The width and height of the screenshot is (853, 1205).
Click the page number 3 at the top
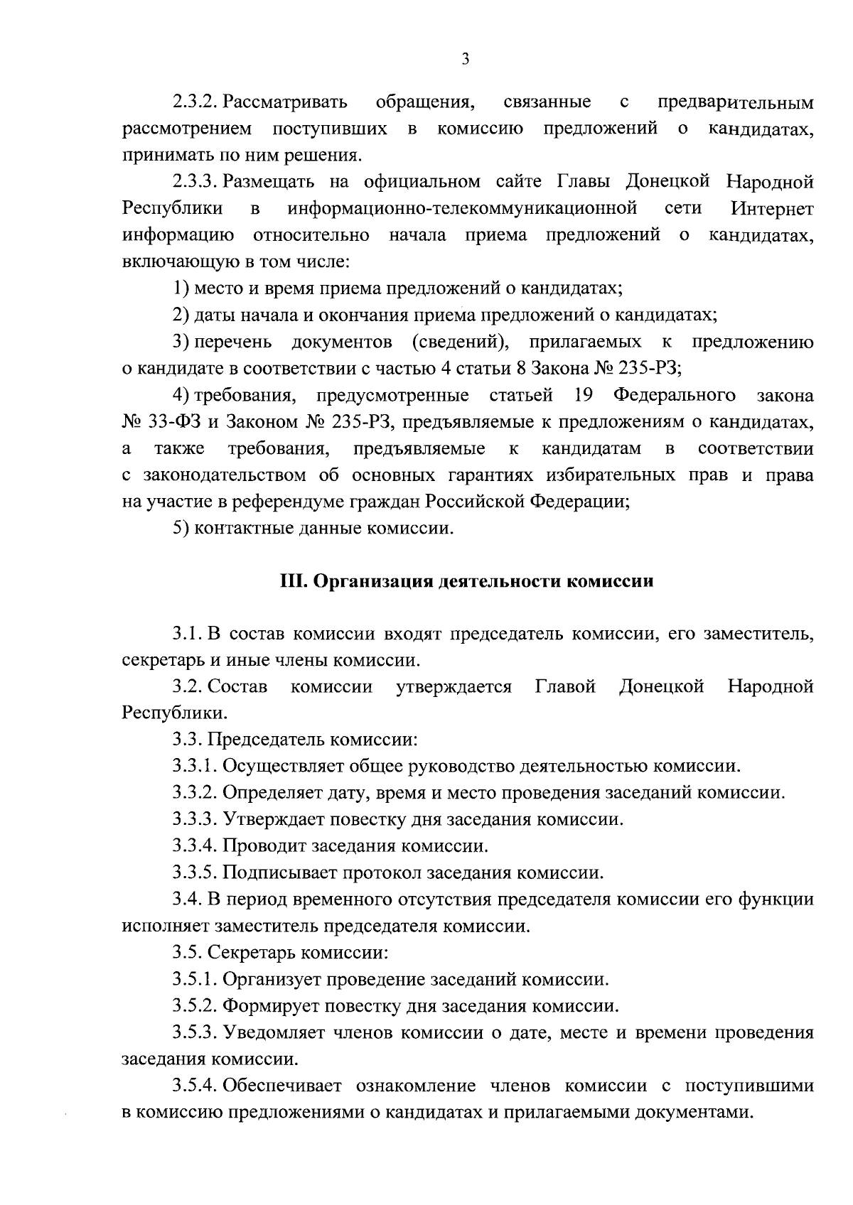point(465,60)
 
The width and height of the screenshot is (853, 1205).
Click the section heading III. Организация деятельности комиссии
point(466,582)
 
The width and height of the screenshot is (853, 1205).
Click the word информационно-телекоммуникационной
point(461,210)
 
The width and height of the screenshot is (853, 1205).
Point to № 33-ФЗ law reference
point(161,422)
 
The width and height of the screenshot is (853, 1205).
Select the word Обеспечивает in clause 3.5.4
point(282,1086)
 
